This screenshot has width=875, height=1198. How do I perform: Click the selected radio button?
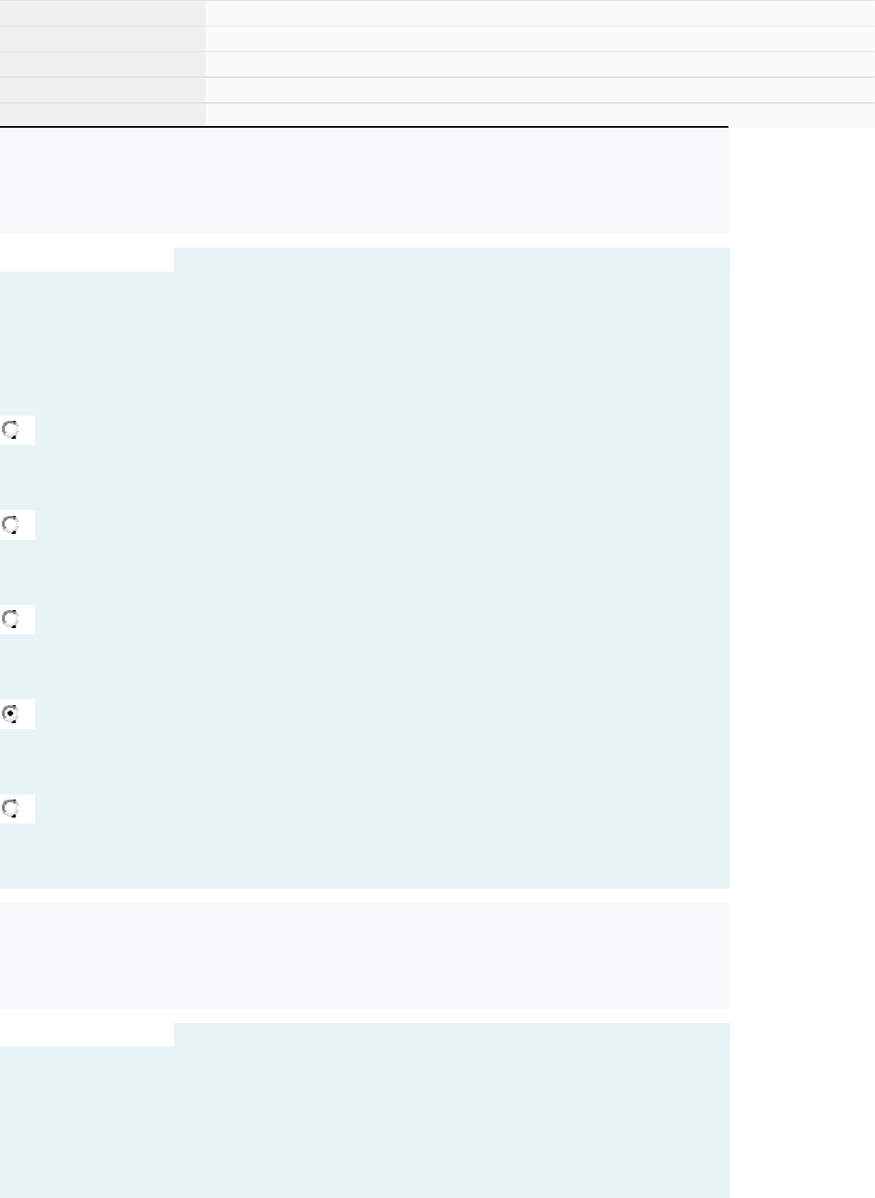coord(11,714)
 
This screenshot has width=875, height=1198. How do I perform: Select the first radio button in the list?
coord(11,430)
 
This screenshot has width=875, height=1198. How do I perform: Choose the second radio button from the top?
coord(11,524)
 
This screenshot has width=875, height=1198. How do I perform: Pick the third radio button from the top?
coord(11,619)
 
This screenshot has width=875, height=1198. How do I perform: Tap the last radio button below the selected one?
coord(11,808)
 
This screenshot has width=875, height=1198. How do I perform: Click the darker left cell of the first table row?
coord(103,12)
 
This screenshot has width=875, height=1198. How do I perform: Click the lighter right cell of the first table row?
coord(540,12)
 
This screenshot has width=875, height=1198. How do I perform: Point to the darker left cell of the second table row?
coord(103,39)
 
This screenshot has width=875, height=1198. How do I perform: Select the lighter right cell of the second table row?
coord(540,39)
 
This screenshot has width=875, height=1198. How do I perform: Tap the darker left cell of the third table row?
coord(103,64)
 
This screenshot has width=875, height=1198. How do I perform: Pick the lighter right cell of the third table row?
coord(540,64)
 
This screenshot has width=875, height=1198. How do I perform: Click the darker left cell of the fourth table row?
coord(103,90)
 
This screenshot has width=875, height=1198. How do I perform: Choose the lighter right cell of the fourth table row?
coord(540,90)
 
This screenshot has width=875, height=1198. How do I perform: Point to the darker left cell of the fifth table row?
coord(103,115)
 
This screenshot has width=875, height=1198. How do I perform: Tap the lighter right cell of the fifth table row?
coord(540,115)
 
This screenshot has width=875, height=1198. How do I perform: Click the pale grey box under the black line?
coord(364,181)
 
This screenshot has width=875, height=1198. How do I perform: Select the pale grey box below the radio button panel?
coord(364,955)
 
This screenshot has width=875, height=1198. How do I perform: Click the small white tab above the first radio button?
coord(87,260)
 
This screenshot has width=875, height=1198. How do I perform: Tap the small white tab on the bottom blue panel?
coord(87,1034)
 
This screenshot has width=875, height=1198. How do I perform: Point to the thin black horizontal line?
coord(364,127)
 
